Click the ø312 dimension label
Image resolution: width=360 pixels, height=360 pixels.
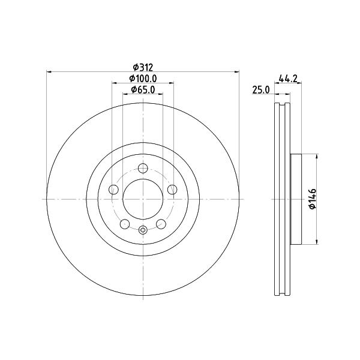coord(143,67)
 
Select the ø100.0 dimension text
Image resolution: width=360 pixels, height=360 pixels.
coord(143,79)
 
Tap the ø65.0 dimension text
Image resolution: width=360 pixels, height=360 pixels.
coord(143,89)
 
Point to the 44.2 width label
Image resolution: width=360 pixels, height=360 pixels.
coord(288,79)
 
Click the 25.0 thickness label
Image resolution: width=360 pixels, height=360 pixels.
coord(261,90)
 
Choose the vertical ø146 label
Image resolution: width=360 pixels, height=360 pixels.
coord(313,199)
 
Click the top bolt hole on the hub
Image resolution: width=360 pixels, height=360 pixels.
coord(143,168)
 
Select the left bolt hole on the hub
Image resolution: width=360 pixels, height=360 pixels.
coord(113,190)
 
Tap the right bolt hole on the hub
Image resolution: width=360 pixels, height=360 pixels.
coord(172,190)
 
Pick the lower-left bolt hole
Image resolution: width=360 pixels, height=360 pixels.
coord(125,224)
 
